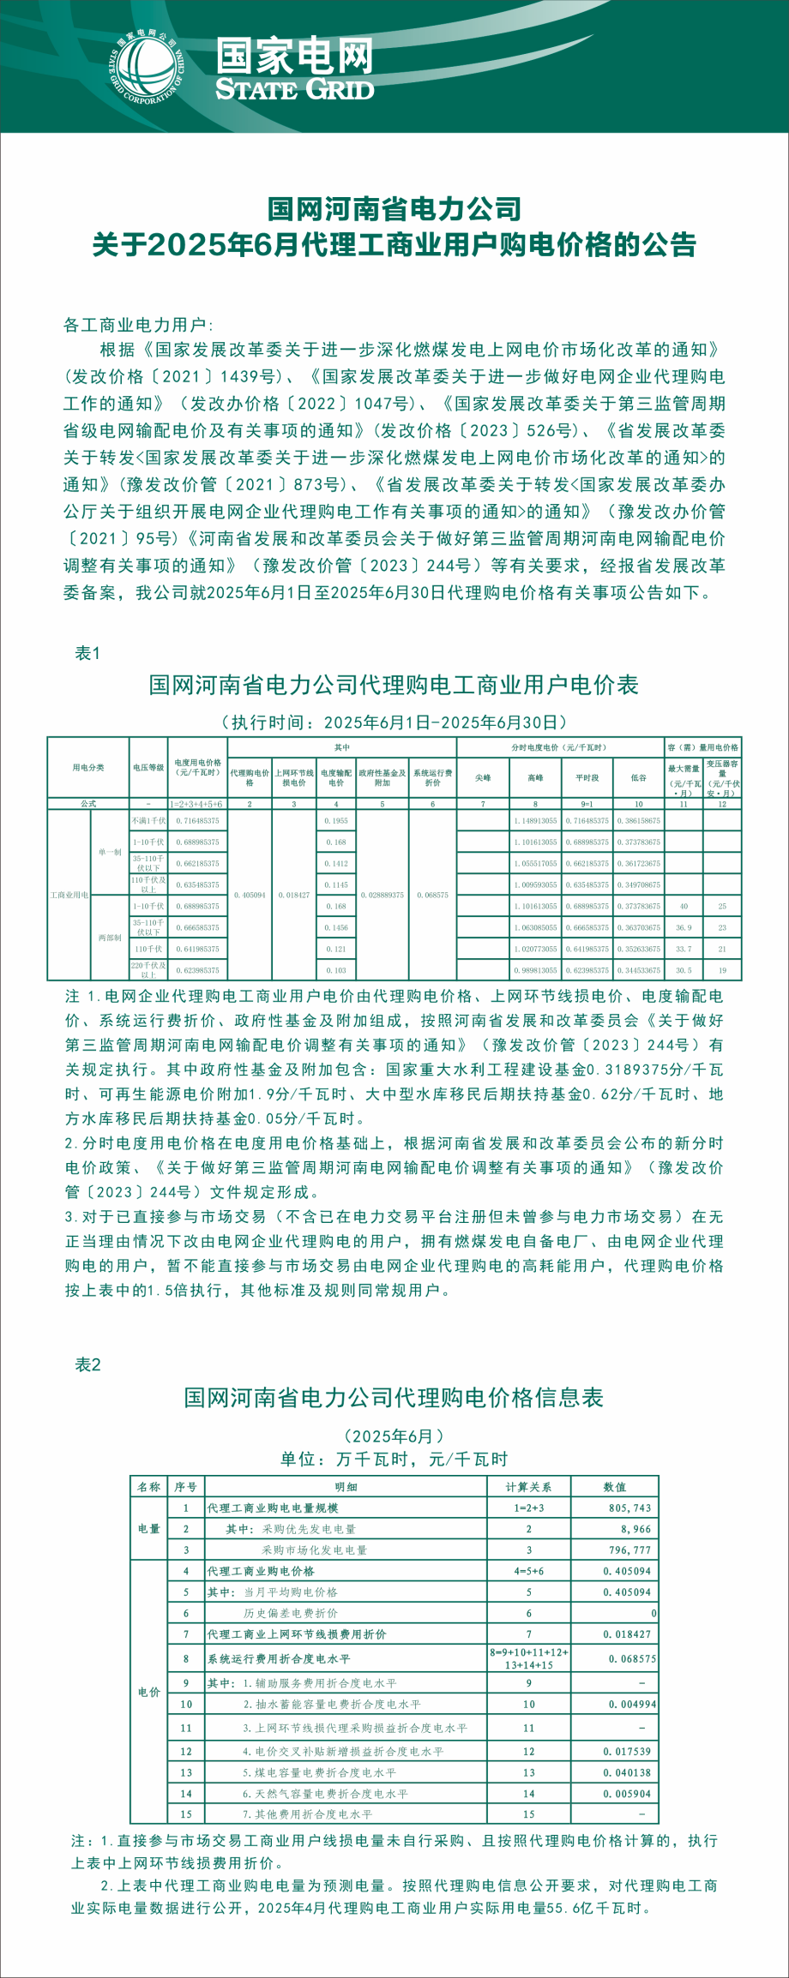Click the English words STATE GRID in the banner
pyautogui.click(x=294, y=90)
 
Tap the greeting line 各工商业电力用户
pyautogui.click(x=137, y=325)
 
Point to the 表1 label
pyautogui.click(x=87, y=653)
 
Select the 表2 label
pyautogui.click(x=87, y=1365)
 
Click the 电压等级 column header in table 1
pyautogui.click(x=148, y=768)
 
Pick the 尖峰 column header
pyautogui.click(x=483, y=778)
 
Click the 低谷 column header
pyautogui.click(x=639, y=778)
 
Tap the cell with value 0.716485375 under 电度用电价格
pyautogui.click(x=198, y=820)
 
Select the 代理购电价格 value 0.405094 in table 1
pyautogui.click(x=250, y=895)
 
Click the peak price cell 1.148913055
pyautogui.click(x=535, y=820)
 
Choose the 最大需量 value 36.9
pyautogui.click(x=684, y=927)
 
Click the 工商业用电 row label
pyautogui.click(x=69, y=895)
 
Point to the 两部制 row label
pyautogui.click(x=110, y=938)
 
